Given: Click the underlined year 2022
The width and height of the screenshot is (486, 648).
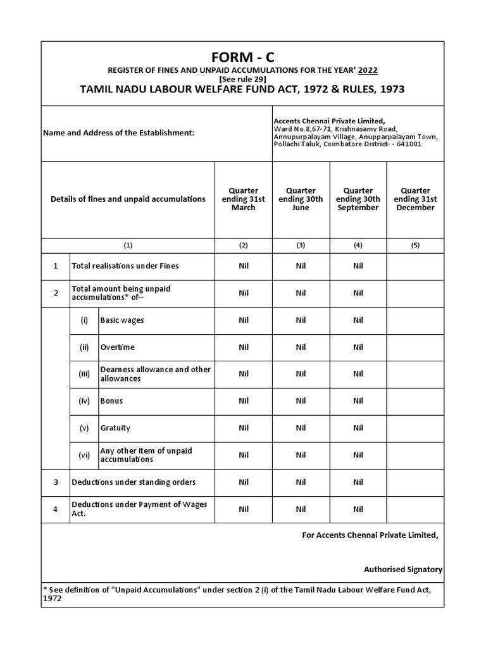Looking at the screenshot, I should [368, 70].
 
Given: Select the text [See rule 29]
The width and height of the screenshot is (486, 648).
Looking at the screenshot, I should [242, 79].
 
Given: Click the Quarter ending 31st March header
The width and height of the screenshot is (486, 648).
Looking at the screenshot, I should [244, 199].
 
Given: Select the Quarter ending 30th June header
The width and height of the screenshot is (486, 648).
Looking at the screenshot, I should [301, 199].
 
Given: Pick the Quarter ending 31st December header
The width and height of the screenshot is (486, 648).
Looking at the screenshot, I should [415, 199].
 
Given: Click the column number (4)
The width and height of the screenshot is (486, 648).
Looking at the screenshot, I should [358, 245].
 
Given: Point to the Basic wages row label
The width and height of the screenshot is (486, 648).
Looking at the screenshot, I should [122, 320].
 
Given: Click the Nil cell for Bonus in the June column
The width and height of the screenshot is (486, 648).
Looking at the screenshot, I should [301, 401].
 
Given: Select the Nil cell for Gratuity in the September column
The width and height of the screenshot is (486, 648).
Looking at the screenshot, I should [358, 428].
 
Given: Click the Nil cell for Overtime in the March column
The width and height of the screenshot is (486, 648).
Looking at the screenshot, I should [244, 347].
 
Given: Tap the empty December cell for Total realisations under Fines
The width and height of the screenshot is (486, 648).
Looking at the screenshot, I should [415, 266].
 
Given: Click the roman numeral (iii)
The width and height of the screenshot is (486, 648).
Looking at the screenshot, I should [84, 374].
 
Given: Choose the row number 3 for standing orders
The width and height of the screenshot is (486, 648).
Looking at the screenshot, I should [56, 482].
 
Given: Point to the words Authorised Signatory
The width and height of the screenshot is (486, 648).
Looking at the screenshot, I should [403, 570].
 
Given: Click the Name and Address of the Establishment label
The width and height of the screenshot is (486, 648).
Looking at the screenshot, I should [118, 134].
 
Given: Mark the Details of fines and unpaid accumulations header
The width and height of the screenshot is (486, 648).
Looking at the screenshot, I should [128, 199].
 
